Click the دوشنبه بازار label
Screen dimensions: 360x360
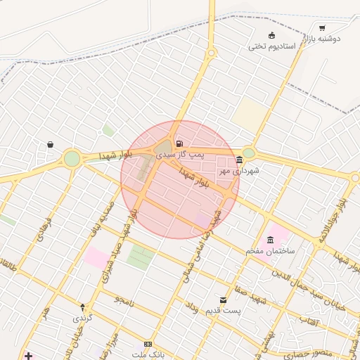[x=323, y=39]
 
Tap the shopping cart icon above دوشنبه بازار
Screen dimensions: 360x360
[x=322, y=28]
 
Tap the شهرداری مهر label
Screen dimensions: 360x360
[x=238, y=171]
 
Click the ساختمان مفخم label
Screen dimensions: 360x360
[x=271, y=250]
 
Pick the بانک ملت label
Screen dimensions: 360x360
[x=148, y=354]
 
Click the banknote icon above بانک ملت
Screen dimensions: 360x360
[x=148, y=344]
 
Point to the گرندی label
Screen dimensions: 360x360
[x=82, y=318]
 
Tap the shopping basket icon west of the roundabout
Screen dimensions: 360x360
[x=51, y=145]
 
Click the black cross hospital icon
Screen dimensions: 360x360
[x=27, y=356]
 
